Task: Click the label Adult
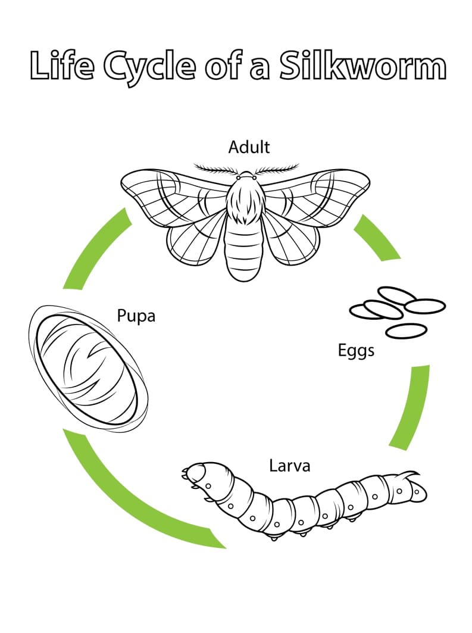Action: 249,147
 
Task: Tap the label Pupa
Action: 136,316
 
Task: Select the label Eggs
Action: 356,350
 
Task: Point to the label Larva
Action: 289,465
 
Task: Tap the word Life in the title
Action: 62,66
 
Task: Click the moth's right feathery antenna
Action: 277,169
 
